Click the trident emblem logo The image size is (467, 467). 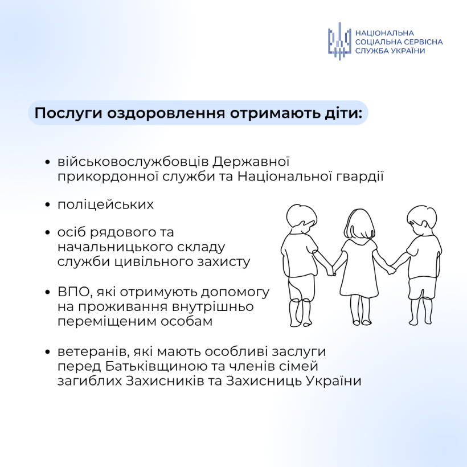pos(339,42)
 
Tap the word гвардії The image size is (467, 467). pos(359,176)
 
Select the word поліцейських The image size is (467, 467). pos(105,204)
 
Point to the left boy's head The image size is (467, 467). pos(299,220)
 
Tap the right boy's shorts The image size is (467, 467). pos(422,285)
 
